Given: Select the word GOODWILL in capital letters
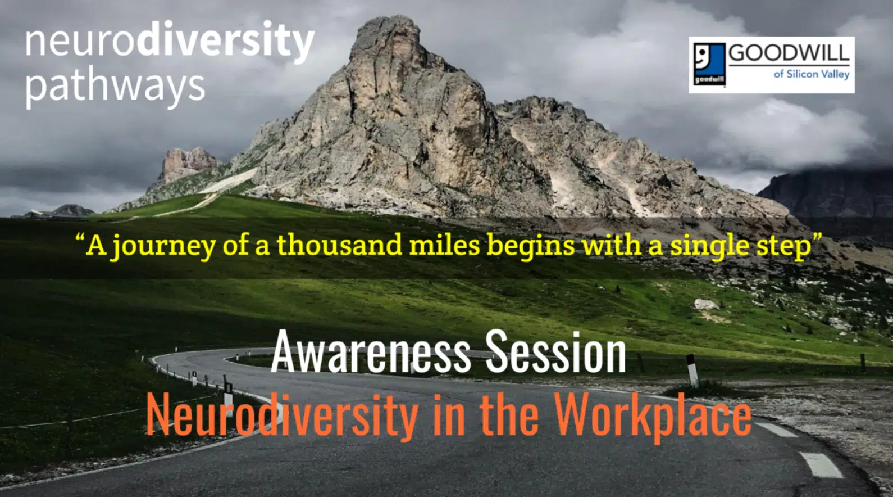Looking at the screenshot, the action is (789, 53).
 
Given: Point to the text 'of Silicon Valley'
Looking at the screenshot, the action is (811, 74).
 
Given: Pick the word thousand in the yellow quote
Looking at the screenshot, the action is (339, 245).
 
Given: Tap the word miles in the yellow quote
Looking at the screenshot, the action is (444, 245).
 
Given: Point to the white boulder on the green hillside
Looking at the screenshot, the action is (707, 305).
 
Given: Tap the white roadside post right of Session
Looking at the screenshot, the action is (692, 370).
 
